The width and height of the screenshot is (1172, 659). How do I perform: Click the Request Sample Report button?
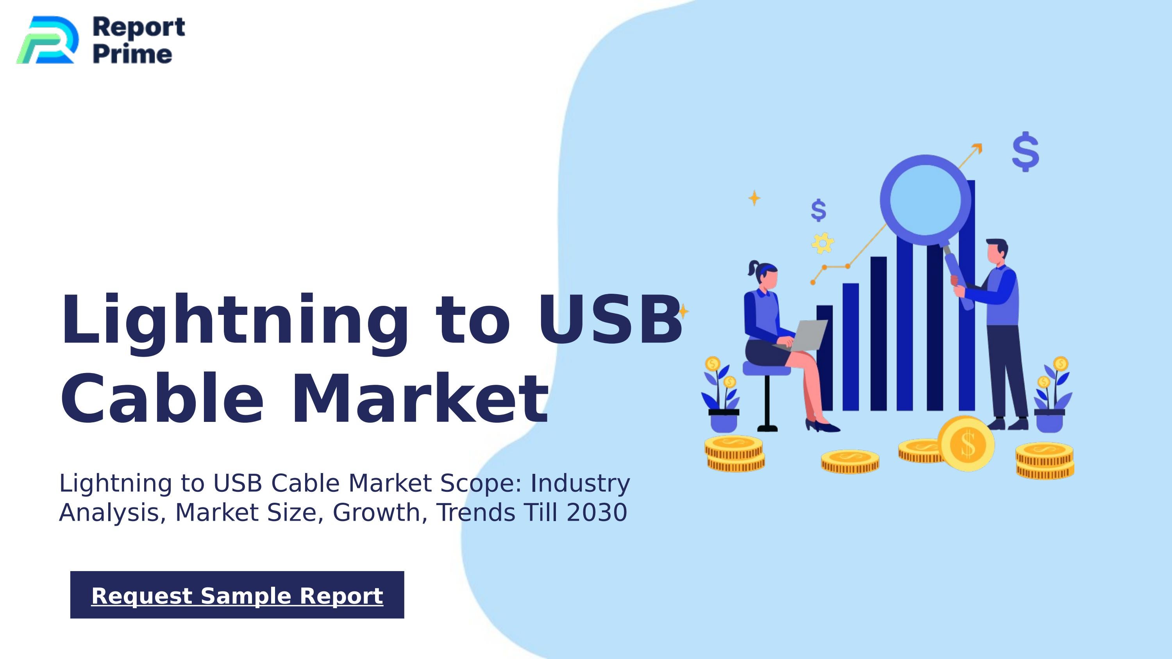click(237, 595)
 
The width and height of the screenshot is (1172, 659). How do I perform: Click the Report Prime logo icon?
click(46, 40)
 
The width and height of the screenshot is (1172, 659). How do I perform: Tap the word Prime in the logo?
click(132, 54)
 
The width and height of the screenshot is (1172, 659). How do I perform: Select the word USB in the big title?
click(610, 319)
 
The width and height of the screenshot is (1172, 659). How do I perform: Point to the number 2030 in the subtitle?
click(597, 513)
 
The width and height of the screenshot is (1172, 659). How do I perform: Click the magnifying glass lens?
click(925, 200)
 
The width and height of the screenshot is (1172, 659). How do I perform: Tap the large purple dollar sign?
click(1025, 152)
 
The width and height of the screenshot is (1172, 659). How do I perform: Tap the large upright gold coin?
click(967, 444)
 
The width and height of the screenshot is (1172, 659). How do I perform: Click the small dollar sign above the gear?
click(818, 210)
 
